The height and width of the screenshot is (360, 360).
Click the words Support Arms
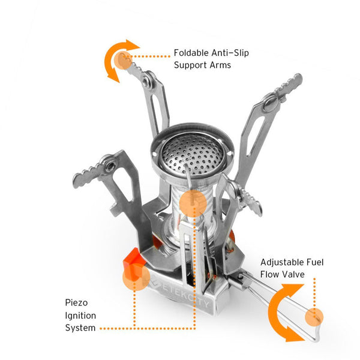click(202, 64)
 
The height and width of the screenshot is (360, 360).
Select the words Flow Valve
click(282, 274)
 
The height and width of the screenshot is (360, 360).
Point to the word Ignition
click(80, 315)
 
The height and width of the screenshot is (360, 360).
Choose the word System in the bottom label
click(80, 328)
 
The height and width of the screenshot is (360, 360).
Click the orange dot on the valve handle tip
click(313, 317)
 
